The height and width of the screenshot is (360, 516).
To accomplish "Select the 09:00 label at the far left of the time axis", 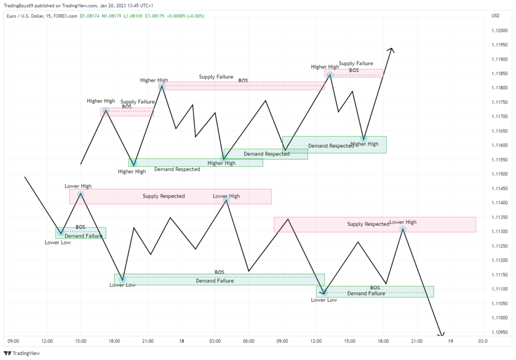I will pos(14,341).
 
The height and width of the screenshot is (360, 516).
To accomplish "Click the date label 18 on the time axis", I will pos(181,341).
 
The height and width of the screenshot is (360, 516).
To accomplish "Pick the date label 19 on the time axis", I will pos(450,341).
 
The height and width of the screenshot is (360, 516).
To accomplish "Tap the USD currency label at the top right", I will pos(495,16).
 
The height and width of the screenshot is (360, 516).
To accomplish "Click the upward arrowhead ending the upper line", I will pos(392,49).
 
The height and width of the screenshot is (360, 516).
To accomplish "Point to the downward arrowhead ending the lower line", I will pos(441,335).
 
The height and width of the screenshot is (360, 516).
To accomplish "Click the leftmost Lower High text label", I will pos(78,186).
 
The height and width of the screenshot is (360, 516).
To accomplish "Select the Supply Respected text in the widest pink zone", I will pos(163,196).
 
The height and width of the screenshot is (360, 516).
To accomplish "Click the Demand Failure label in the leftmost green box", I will pos(81,236).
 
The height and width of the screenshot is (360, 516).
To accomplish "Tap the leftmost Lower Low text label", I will pos(57,243).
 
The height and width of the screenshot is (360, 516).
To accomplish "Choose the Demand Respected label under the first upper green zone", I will pos(177,169).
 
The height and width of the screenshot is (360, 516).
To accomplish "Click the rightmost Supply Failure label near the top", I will pos(356,64).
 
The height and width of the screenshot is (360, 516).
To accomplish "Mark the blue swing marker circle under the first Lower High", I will pos(81,195).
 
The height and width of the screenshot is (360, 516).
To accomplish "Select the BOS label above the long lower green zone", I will pos(219,272).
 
